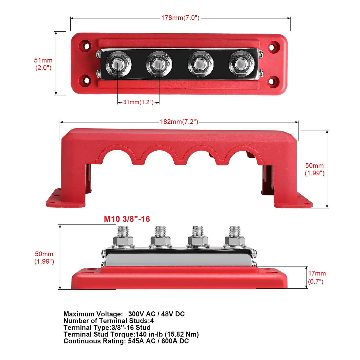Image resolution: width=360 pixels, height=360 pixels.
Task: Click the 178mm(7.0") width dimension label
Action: point(180,18)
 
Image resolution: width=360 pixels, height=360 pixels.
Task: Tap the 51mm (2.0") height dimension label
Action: point(43,64)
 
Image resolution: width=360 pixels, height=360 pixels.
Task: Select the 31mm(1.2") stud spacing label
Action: point(138,102)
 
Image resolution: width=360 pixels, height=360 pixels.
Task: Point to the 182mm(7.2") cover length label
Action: point(179,122)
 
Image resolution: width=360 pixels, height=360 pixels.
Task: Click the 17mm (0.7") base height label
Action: point(316,277)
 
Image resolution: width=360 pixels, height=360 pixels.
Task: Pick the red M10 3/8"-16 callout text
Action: point(127,219)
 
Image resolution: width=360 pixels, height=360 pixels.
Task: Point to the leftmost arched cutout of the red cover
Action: point(116,154)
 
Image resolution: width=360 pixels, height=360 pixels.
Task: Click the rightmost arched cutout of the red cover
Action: point(241,154)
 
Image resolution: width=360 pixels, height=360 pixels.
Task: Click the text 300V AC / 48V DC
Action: point(156,314)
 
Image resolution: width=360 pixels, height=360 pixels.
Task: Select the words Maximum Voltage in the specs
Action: point(93,314)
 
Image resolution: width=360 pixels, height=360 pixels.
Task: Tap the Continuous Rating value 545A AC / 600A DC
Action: point(158,341)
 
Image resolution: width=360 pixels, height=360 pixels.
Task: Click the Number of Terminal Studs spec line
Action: point(109,321)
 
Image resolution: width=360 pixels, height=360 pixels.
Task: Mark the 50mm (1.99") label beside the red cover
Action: point(314,169)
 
